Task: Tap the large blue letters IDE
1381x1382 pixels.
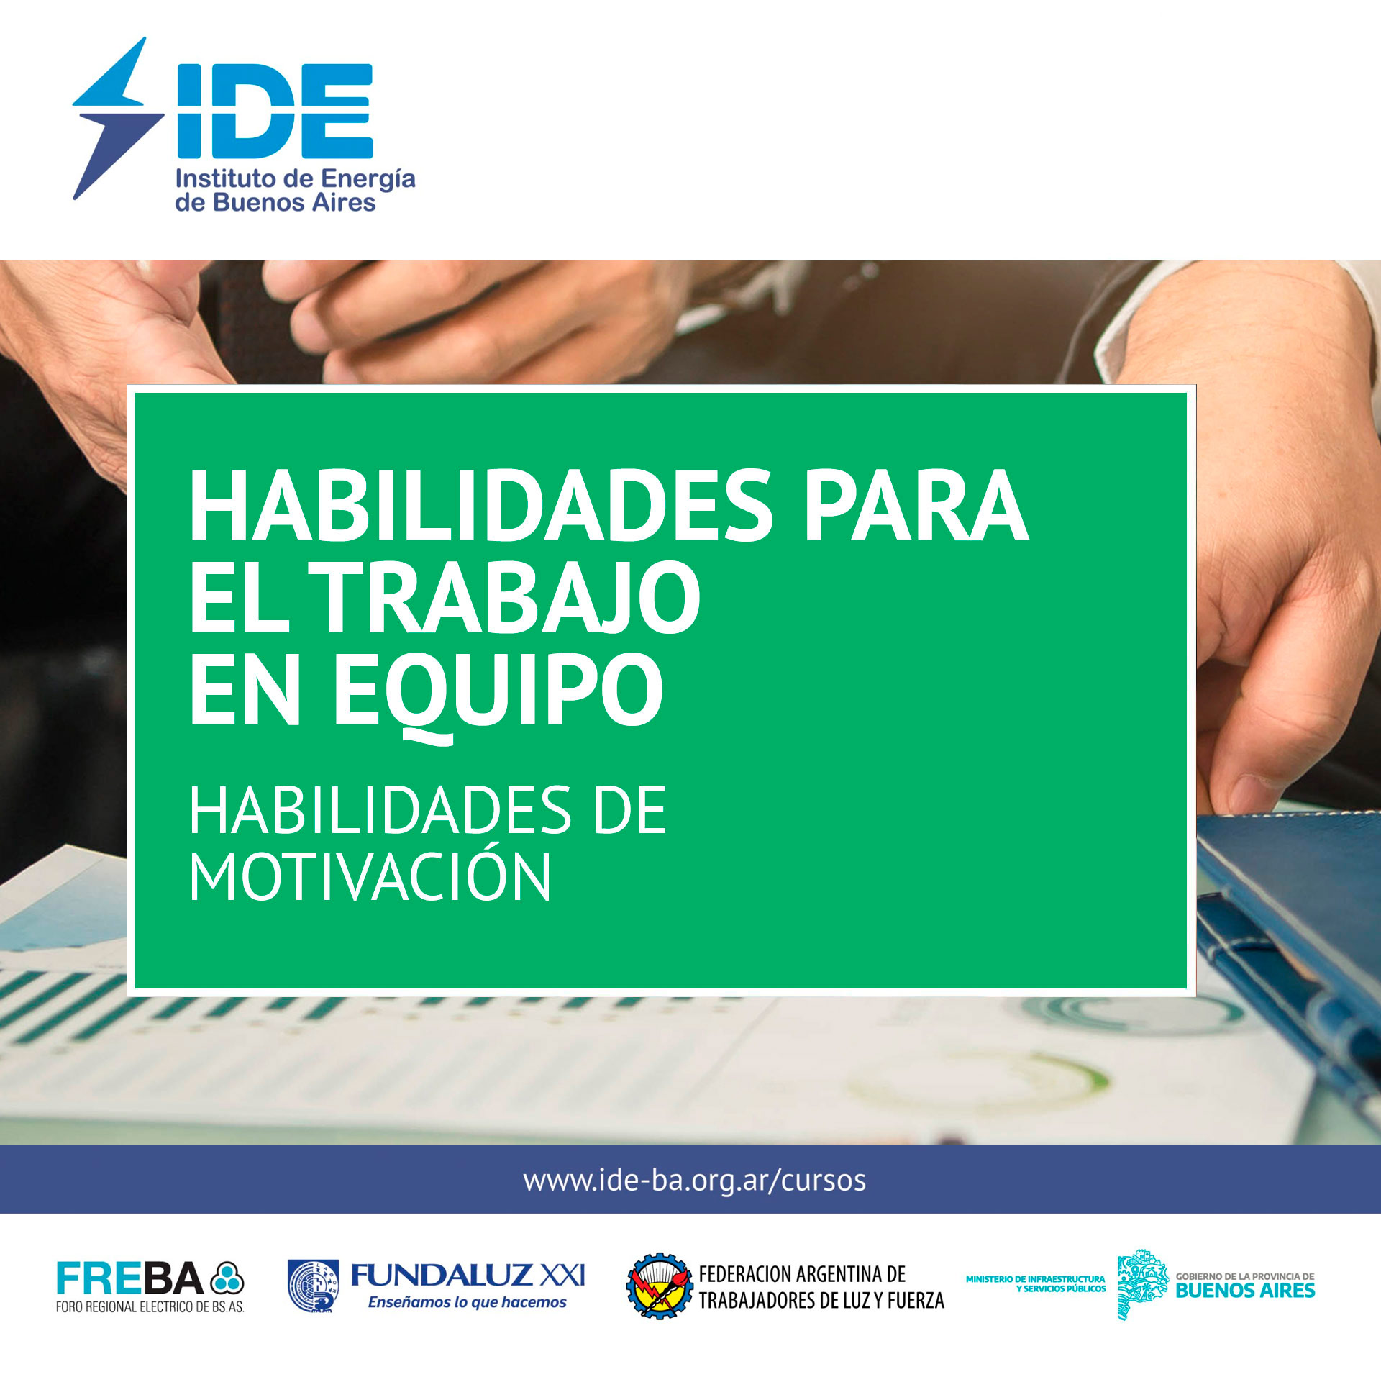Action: (275, 111)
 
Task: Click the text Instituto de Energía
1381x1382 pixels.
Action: (296, 178)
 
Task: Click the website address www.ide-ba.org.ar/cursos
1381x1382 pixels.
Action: (695, 1181)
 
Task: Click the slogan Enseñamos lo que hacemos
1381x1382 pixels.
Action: (468, 1302)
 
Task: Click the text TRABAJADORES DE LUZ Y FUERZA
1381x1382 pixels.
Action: (821, 1300)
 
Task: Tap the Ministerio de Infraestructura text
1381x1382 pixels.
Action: (1036, 1283)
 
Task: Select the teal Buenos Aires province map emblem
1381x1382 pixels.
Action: (1142, 1285)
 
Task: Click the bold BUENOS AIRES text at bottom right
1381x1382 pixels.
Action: (1245, 1291)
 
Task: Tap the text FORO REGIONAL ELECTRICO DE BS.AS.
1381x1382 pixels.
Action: (150, 1307)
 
